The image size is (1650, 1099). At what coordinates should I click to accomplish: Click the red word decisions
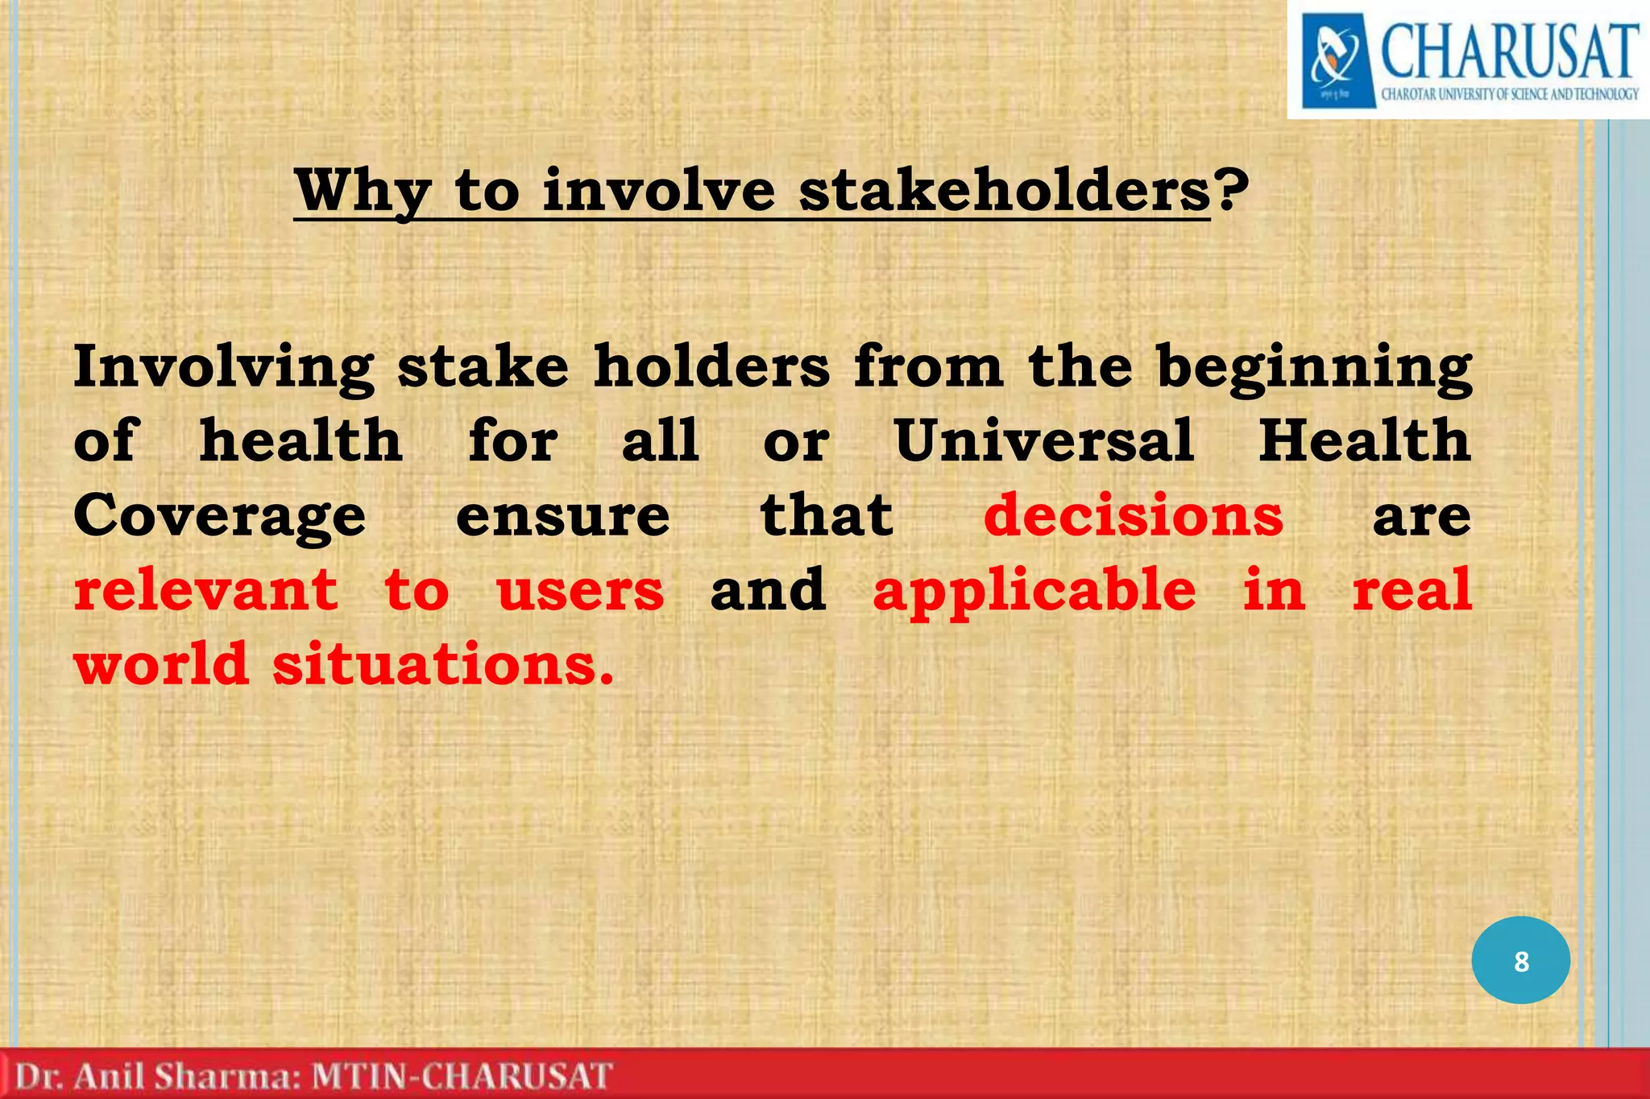pyautogui.click(x=1133, y=515)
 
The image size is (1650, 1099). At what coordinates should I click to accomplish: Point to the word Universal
pyautogui.click(x=1044, y=440)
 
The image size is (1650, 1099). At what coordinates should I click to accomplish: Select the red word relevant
pyautogui.click(x=205, y=589)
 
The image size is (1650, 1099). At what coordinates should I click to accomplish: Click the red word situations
pyautogui.click(x=442, y=665)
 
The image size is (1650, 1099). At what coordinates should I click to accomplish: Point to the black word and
pyautogui.click(x=768, y=589)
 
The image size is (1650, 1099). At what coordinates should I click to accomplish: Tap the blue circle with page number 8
pyautogui.click(x=1520, y=961)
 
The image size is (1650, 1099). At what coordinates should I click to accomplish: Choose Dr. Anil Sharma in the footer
pyautogui.click(x=158, y=1076)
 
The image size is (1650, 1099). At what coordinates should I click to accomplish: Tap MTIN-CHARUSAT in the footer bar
pyautogui.click(x=462, y=1076)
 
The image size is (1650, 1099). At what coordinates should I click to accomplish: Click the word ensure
pyautogui.click(x=562, y=516)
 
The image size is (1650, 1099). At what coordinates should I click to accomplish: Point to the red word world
pyautogui.click(x=161, y=665)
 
